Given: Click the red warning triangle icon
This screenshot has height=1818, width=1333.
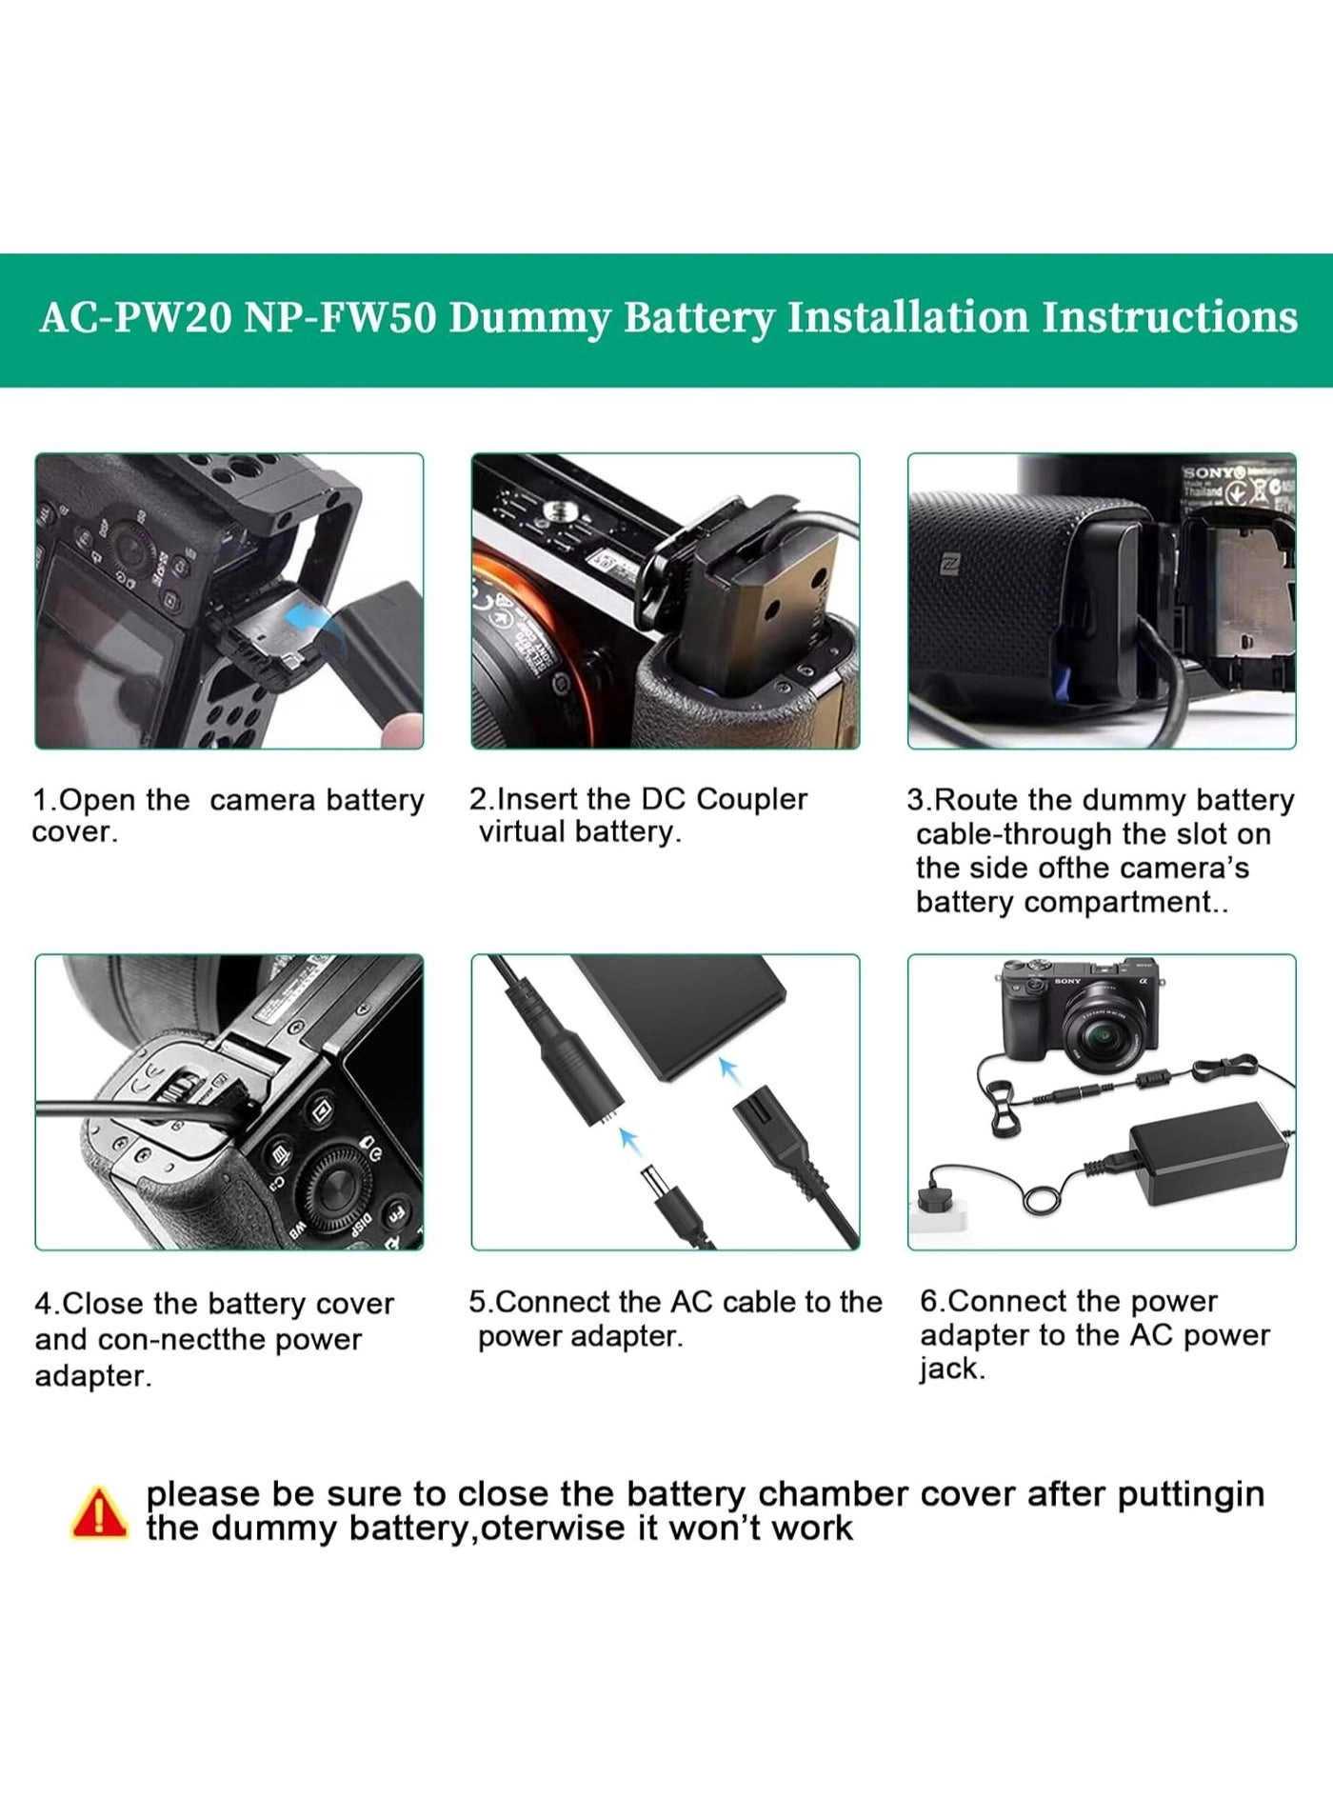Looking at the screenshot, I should [99, 1514].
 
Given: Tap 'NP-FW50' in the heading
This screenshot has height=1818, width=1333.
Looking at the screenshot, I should [340, 318].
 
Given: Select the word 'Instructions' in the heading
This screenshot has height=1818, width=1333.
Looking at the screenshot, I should [1168, 318].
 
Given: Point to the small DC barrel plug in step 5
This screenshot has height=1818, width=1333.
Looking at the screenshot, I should [664, 1186].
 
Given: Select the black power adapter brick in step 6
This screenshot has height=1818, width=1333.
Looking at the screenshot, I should [1207, 1152].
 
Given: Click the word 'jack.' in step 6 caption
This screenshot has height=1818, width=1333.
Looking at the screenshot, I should [951, 1369].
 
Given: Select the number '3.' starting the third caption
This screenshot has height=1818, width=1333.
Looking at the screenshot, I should [919, 800].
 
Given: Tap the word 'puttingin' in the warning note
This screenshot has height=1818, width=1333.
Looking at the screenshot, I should [1190, 1494].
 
